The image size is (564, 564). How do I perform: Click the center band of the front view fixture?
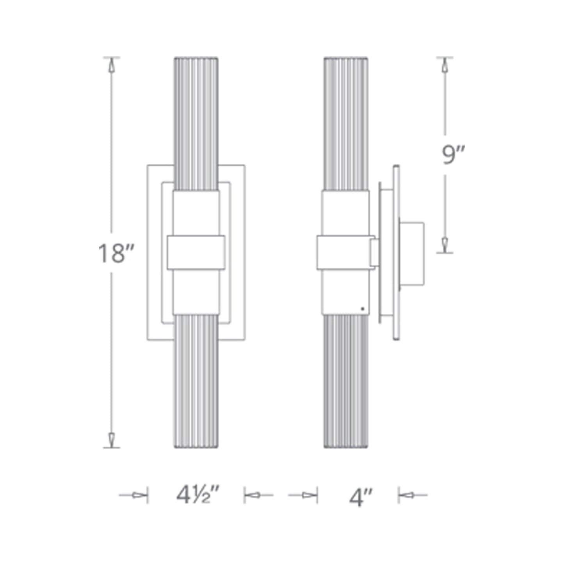196,253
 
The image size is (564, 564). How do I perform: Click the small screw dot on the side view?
363,309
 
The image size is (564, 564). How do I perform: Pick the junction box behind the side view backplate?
412,253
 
